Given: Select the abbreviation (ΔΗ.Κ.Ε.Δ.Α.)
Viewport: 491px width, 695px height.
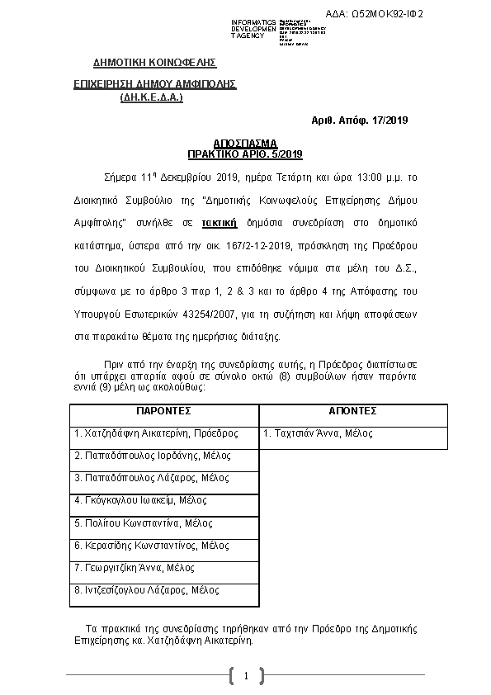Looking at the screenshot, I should (x=151, y=97).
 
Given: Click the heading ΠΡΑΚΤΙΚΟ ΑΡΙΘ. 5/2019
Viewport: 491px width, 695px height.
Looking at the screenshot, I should (x=245, y=154).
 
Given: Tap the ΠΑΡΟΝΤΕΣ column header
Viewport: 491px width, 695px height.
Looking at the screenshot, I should (x=163, y=410).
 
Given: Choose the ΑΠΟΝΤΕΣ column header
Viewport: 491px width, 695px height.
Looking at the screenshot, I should (x=352, y=410).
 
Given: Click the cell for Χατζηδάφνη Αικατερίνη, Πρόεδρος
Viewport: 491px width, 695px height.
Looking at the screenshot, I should (x=156, y=433).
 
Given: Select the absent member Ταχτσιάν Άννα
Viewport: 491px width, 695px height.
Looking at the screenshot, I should (x=318, y=433).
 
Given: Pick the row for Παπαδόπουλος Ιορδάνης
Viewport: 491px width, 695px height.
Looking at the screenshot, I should (x=153, y=456).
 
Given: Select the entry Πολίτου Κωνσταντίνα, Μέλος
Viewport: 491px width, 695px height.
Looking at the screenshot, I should (x=144, y=523).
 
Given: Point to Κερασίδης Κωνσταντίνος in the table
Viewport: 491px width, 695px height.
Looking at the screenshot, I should (x=152, y=546).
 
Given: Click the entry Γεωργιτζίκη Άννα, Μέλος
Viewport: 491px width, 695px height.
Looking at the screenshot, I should (x=135, y=568).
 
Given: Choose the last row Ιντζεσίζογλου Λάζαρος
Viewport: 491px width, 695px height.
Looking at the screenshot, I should (x=147, y=590).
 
